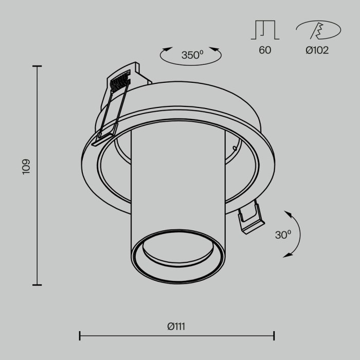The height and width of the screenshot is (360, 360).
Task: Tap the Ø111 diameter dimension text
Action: (x=176, y=326)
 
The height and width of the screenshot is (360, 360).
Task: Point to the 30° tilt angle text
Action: (x=282, y=235)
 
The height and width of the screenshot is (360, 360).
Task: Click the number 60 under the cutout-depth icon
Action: (x=265, y=50)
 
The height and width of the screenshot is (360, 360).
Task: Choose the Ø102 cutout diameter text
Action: (x=317, y=50)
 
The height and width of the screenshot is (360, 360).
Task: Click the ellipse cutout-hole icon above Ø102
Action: (x=317, y=30)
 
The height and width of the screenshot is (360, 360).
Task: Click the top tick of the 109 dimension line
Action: (x=37, y=66)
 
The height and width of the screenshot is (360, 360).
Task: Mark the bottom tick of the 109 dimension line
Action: (x=37, y=284)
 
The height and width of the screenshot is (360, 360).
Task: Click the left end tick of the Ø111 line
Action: (x=80, y=336)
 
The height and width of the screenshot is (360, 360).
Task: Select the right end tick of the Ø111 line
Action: (x=274, y=336)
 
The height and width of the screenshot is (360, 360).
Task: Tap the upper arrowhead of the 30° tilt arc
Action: (x=287, y=212)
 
